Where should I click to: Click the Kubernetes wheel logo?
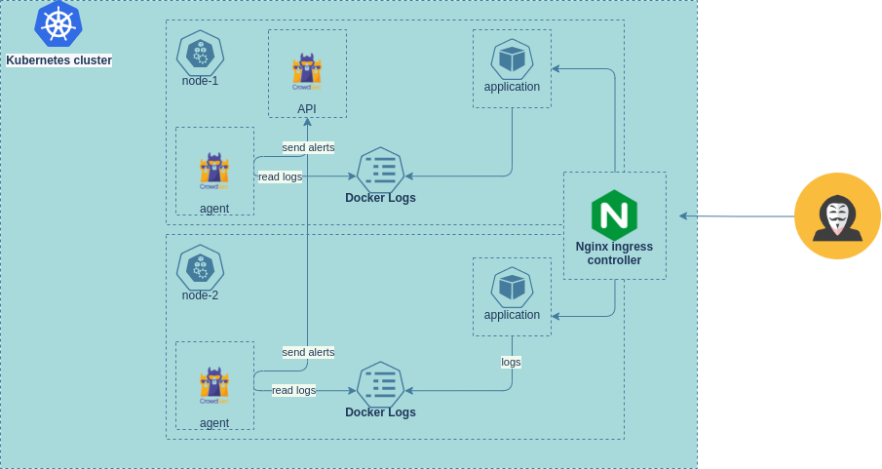coord(58,23)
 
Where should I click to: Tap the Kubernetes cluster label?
coord(59,60)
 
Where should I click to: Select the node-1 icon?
coord(200,54)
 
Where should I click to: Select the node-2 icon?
coord(200,268)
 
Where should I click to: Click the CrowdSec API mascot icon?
coord(307,71)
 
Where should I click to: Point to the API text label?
coord(307,108)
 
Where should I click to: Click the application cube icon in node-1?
coord(512,59)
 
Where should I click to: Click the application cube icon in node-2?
coord(512,287)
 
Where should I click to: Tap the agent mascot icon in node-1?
coord(214,172)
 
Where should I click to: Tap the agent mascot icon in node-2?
coord(214,386)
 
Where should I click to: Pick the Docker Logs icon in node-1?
coord(381,170)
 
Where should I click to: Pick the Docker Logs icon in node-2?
coord(381,384)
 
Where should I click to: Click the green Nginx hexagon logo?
coord(614,215)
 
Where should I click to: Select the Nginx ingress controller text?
coord(614,254)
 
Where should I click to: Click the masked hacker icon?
coord(837,215)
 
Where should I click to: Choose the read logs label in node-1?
coord(280,176)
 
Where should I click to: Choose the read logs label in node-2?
coord(293,390)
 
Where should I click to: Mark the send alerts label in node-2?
coord(308,352)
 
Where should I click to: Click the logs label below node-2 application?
coord(511,362)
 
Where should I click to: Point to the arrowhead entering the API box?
coord(307,122)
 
